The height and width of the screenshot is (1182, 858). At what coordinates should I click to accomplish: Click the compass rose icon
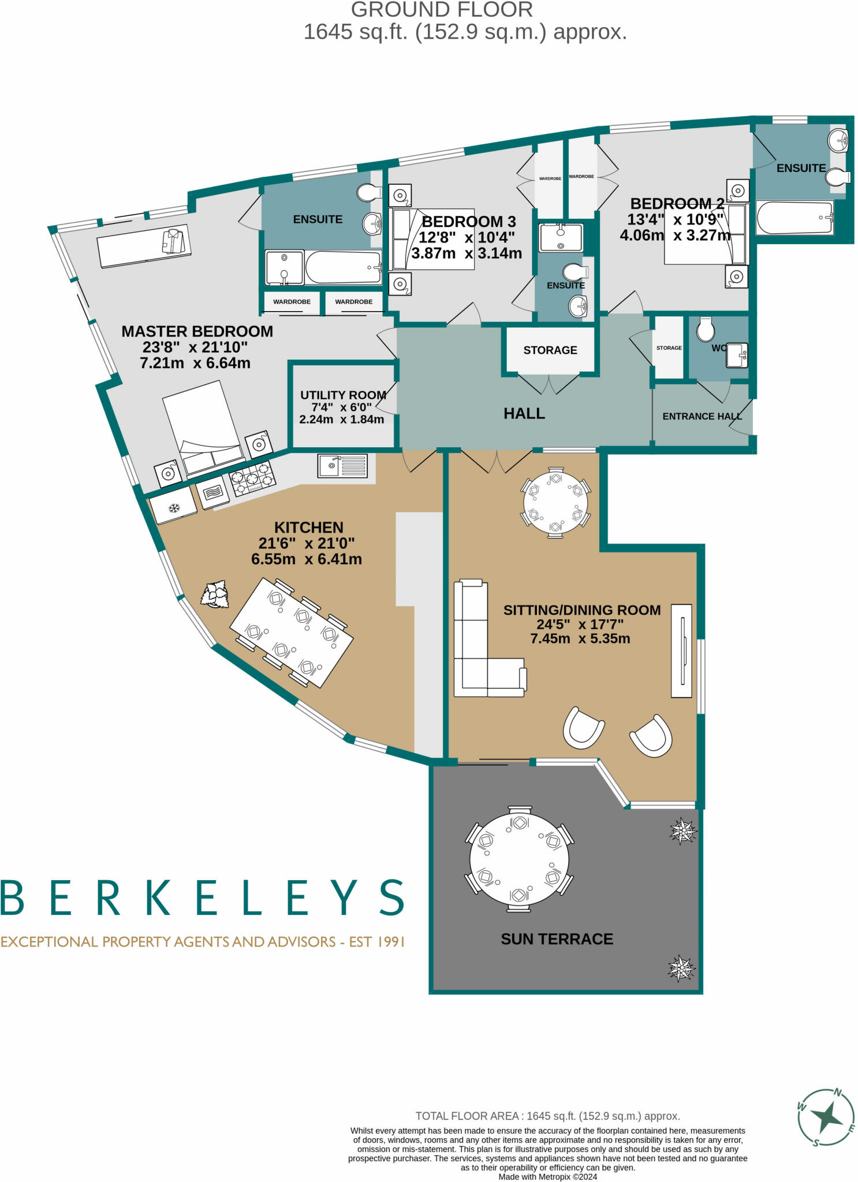click(x=827, y=1117)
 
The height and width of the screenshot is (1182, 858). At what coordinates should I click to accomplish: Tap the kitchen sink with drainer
click(x=342, y=465)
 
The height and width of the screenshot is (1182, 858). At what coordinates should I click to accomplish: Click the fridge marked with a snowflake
click(x=173, y=507)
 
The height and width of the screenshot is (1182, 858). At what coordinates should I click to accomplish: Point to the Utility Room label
click(x=343, y=395)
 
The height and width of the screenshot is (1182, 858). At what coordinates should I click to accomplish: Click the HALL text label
click(x=524, y=413)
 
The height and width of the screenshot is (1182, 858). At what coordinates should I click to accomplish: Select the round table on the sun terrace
click(x=518, y=858)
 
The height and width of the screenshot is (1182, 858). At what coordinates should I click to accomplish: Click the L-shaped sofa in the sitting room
click(x=479, y=646)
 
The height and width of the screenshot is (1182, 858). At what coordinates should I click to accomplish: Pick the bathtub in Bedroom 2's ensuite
click(x=794, y=217)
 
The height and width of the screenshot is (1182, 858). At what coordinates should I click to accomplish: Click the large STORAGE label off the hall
click(x=550, y=350)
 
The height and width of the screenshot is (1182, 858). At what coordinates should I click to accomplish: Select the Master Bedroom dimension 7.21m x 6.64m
click(x=195, y=363)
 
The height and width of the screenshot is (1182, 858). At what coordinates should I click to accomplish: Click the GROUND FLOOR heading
click(x=442, y=10)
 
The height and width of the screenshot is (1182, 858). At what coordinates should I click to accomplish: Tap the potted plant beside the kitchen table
click(x=215, y=594)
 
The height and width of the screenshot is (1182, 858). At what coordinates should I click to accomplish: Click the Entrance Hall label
click(x=702, y=416)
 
